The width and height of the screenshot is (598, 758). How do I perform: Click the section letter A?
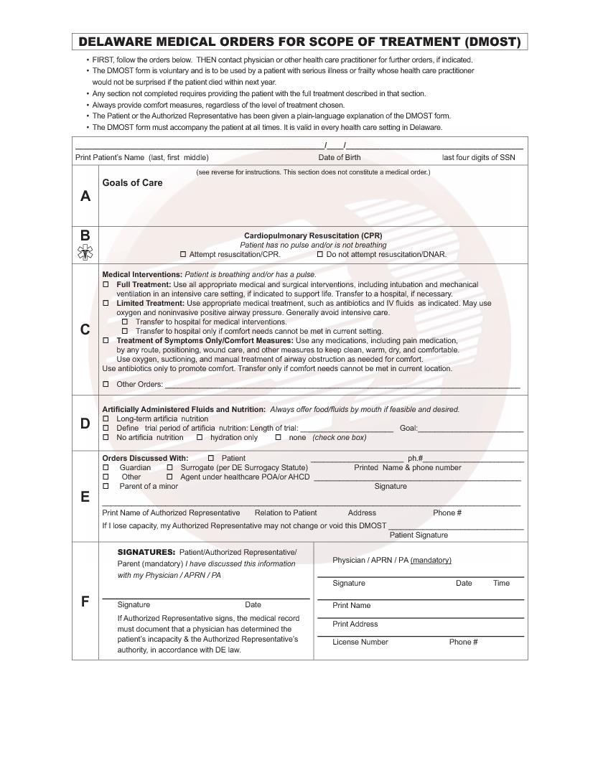(x=85, y=196)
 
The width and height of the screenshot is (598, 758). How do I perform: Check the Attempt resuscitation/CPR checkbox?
(x=183, y=254)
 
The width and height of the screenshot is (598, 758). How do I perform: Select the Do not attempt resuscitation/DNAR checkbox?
(x=320, y=254)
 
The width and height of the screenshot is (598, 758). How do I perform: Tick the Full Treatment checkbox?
(x=106, y=285)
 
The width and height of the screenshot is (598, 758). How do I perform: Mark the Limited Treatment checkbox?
(x=106, y=304)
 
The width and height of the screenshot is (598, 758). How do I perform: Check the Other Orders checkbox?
(x=106, y=384)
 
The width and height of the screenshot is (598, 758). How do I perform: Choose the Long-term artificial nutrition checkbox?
(x=106, y=418)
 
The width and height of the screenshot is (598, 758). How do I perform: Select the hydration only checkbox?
(x=200, y=437)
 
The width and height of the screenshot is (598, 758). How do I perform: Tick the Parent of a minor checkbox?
(x=106, y=486)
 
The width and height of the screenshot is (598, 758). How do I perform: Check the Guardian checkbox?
(x=106, y=467)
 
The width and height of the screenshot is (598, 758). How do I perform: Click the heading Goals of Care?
(x=132, y=183)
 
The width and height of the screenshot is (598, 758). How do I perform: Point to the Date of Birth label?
(x=340, y=157)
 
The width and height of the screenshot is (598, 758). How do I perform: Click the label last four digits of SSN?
(x=478, y=157)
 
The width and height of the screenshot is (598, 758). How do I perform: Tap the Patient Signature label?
(x=419, y=535)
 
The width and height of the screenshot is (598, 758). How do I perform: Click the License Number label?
(x=360, y=642)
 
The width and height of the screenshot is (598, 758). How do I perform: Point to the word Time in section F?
(x=501, y=583)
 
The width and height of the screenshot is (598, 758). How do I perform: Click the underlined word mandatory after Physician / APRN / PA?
(x=431, y=560)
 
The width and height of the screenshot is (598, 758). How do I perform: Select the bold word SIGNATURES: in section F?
(x=146, y=552)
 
